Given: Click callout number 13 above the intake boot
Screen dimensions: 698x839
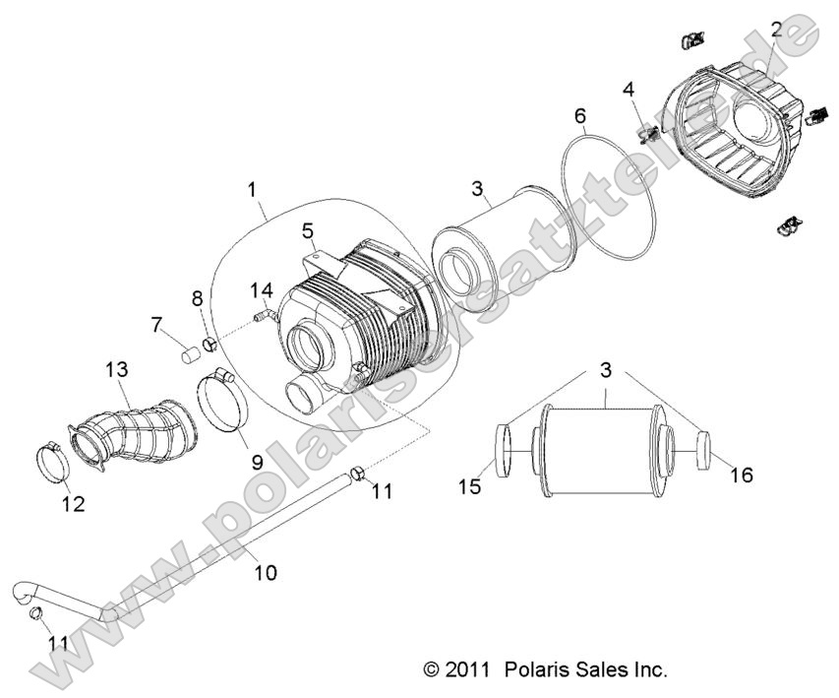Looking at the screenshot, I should coord(116,370).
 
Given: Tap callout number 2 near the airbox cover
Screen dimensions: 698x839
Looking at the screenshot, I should coord(777,29).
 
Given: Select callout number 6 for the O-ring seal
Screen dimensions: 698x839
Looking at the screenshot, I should coord(581,116).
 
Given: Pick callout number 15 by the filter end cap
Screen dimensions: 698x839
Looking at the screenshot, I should coord(471,485).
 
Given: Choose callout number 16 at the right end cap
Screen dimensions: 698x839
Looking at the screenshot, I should coord(741,476).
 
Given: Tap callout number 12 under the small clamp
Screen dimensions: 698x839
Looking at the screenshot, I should coord(73,505).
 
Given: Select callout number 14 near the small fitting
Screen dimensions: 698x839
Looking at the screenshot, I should coord(261,290).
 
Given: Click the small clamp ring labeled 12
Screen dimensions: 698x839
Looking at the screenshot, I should coord(52,458).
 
